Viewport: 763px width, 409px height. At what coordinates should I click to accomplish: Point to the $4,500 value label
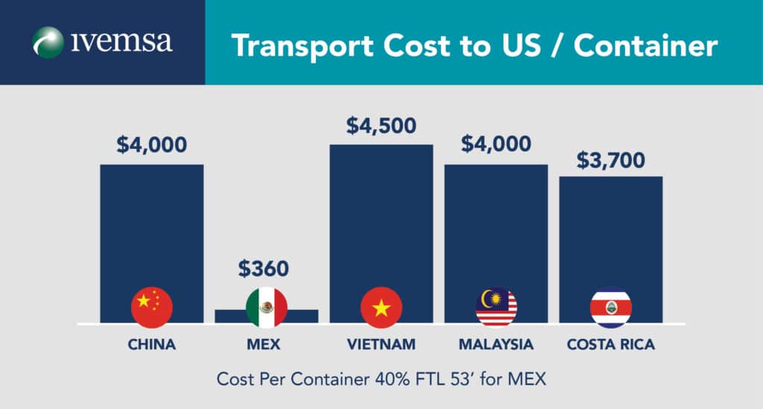pyautogui.click(x=381, y=125)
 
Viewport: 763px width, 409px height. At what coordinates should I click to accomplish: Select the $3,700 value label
pyautogui.click(x=611, y=160)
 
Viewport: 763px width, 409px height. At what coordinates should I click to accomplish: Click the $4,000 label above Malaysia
pyautogui.click(x=496, y=145)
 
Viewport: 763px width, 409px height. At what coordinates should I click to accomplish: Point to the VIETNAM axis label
pyautogui.click(x=381, y=345)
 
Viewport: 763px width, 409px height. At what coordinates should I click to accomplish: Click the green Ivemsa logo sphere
pyautogui.click(x=48, y=42)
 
